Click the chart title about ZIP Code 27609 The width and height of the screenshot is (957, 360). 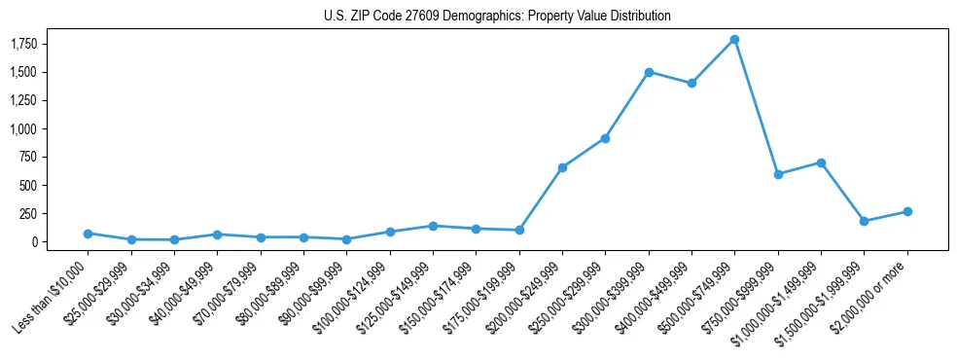coord(497,17)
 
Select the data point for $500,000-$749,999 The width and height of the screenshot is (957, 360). coord(735,40)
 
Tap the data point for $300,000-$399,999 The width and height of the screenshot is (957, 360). coord(649,72)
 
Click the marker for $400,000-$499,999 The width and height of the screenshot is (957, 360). coord(691,84)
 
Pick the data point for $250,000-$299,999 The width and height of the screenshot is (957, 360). coord(605,138)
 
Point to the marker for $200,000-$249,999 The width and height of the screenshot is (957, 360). coord(562,167)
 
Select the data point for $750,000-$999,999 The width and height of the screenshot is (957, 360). coord(778,174)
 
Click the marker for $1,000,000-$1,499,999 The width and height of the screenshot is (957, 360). coord(821,162)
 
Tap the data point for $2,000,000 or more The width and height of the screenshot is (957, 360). coord(907,211)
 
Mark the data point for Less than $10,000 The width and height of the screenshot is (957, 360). coord(88,234)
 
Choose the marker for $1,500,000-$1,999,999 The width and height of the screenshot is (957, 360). coord(865,221)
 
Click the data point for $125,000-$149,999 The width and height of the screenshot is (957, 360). coord(433,226)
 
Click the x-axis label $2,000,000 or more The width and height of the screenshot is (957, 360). coord(872,293)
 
